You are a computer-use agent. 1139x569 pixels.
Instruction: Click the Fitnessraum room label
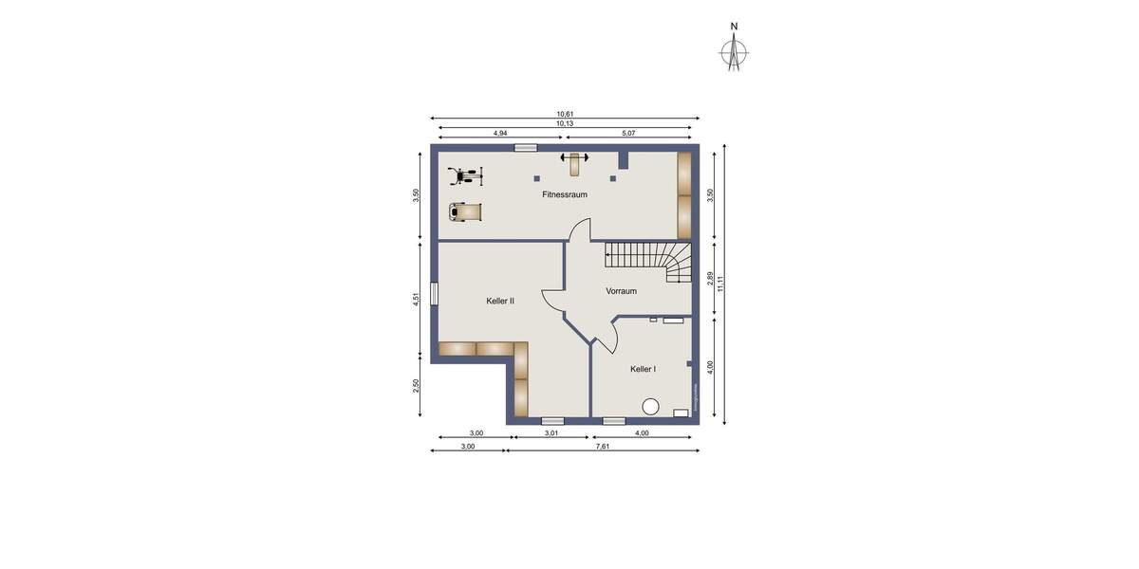(x=564, y=194)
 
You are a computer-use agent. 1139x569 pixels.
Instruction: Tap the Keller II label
(x=499, y=301)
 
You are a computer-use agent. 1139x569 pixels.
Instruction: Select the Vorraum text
(x=621, y=291)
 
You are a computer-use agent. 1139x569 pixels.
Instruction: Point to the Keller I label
(x=643, y=369)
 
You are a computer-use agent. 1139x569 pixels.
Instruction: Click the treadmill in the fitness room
(x=464, y=211)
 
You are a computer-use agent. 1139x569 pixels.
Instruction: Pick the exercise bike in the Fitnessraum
(x=465, y=175)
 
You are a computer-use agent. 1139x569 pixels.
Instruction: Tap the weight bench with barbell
(x=574, y=163)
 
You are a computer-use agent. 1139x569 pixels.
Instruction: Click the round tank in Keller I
(x=650, y=407)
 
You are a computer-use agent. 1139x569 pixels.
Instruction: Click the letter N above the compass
(x=734, y=27)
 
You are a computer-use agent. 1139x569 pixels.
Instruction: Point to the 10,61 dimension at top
(x=565, y=114)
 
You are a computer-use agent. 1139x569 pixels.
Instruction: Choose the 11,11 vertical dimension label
(x=721, y=284)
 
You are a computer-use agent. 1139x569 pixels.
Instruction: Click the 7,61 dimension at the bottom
(x=602, y=446)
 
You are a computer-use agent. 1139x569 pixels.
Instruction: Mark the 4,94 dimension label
(x=500, y=134)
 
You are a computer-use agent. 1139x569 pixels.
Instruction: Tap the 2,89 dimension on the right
(x=710, y=278)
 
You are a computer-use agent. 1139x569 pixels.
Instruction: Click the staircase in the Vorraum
(x=650, y=261)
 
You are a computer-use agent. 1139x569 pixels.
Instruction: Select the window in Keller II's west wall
(x=434, y=294)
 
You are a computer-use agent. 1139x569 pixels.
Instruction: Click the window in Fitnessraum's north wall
(x=524, y=148)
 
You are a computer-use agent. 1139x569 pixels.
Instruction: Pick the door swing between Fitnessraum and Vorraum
(x=580, y=230)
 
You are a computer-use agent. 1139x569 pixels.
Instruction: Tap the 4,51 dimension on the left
(x=416, y=299)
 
